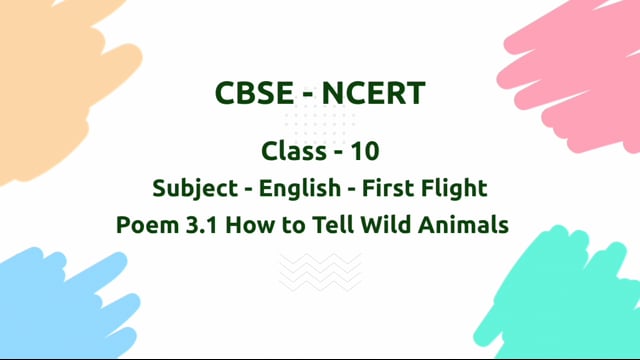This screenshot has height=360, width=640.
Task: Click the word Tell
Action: [328, 225]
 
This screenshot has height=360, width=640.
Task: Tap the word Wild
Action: [384, 225]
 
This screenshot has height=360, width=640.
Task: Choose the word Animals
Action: [464, 225]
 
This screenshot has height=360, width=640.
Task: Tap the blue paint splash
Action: [50, 300]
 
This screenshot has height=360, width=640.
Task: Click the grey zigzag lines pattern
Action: [320, 271]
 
